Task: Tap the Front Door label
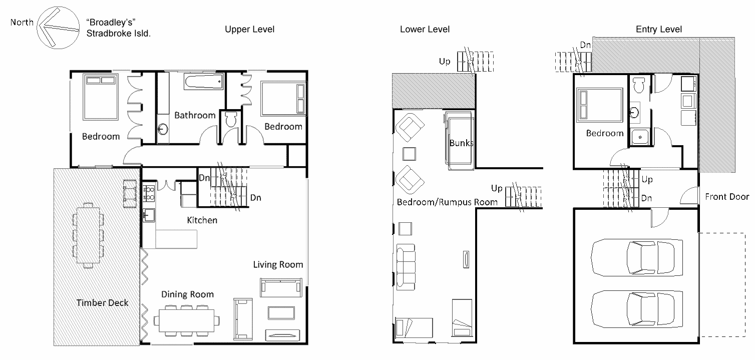(x=726, y=197)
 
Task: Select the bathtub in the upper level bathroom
(x=203, y=82)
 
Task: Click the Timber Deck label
(x=102, y=302)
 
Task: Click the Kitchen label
(x=202, y=220)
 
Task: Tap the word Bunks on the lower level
(x=461, y=143)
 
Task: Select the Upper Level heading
(x=249, y=30)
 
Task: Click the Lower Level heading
(x=425, y=30)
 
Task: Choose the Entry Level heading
(x=658, y=30)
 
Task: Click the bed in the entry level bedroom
(x=599, y=105)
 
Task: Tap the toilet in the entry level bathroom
(x=638, y=86)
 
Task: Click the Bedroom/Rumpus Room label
(x=447, y=202)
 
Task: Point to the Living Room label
(x=278, y=264)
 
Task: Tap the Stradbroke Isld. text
(x=119, y=34)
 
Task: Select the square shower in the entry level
(x=639, y=137)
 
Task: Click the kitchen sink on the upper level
(x=149, y=215)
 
